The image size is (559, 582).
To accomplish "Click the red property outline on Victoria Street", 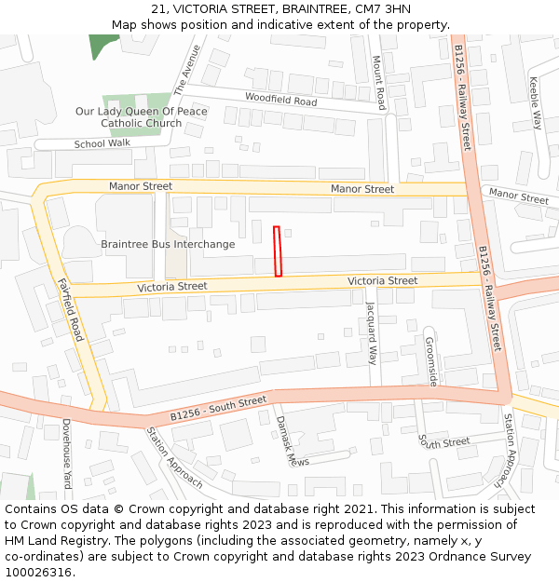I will pyautogui.click(x=278, y=250).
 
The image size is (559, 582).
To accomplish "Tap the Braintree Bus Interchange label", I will pyautogui.click(x=168, y=244).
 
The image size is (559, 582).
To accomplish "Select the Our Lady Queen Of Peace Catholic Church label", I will pyautogui.click(x=142, y=117).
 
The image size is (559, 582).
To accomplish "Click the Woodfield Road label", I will pyautogui.click(x=280, y=99).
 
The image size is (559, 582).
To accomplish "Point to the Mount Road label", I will pyautogui.click(x=379, y=82).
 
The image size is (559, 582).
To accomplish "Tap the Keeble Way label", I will pyautogui.click(x=536, y=102).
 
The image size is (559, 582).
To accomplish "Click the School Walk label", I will pyautogui.click(x=102, y=143).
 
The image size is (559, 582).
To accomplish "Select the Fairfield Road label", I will pyautogui.click(x=71, y=311).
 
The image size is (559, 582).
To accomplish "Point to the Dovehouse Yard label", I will pyautogui.click(x=66, y=453).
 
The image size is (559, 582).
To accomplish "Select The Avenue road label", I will pyautogui.click(x=186, y=69).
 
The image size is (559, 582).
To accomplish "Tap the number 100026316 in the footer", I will pyautogui.click(x=39, y=573).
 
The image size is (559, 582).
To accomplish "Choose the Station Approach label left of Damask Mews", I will pyautogui.click(x=173, y=457).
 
